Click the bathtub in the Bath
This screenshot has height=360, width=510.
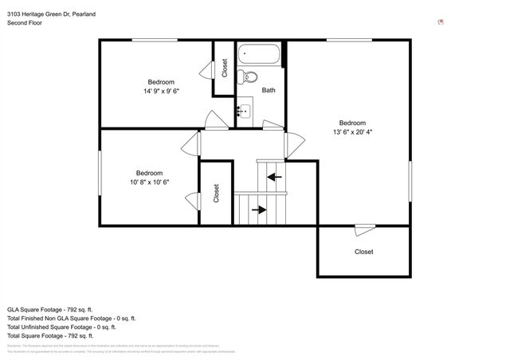coord(259,57)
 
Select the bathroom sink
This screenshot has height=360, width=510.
coord(244,111)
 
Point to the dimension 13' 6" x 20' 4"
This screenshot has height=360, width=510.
coord(351,132)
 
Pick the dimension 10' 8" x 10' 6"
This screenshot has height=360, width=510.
coord(149,182)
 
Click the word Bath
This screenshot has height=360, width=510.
coord(269,91)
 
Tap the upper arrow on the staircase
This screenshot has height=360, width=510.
coord(274,176)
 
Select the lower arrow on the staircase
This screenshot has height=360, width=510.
coord(259,209)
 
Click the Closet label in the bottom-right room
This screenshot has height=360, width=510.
coord(363,252)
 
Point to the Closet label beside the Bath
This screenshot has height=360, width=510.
coord(225,68)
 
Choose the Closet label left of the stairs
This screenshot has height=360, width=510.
coord(216,194)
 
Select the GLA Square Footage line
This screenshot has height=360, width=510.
coord(50,308)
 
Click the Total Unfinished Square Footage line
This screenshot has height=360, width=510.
coord(61,327)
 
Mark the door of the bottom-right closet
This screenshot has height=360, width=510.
coord(365,229)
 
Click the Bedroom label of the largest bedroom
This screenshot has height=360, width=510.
coord(351,123)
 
